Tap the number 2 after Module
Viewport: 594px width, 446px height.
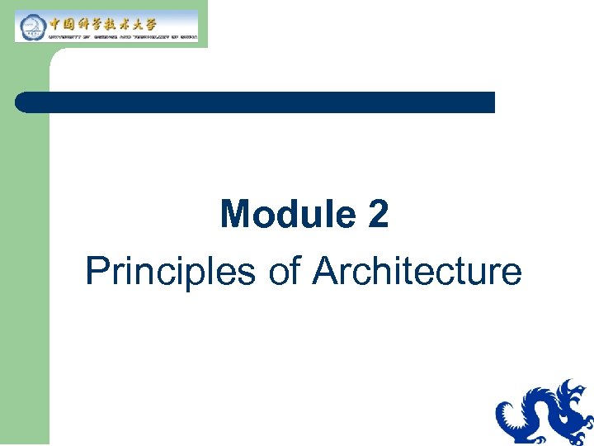click(x=378, y=216)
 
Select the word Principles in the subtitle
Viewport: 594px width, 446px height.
click(x=170, y=272)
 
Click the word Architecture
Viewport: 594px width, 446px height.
click(x=417, y=272)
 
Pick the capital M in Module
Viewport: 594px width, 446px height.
click(x=236, y=216)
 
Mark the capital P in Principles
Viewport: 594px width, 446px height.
click(x=95, y=272)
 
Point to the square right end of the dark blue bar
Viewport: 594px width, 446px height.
click(x=491, y=102)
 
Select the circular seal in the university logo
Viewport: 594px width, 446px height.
click(x=31, y=26)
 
